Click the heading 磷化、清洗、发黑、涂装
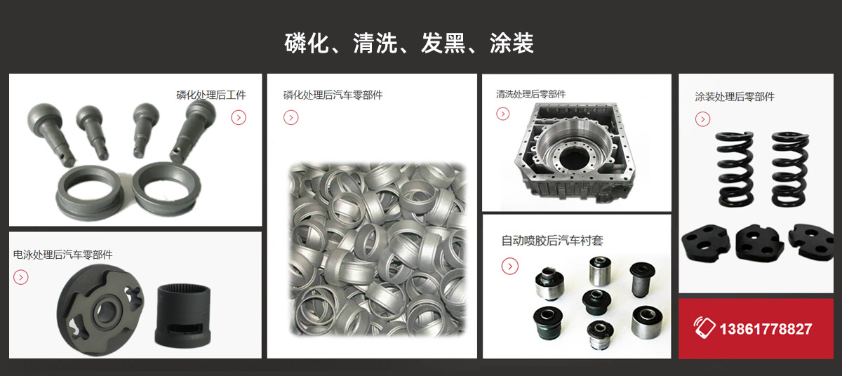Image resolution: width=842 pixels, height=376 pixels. (409, 43)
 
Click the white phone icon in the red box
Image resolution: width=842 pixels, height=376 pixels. (704, 328)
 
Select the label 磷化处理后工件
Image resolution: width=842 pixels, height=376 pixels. (211, 95)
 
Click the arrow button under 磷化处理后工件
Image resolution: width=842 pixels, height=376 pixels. (239, 117)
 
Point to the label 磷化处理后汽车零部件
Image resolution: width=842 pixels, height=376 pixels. (333, 95)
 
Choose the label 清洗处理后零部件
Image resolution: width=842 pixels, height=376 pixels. (530, 94)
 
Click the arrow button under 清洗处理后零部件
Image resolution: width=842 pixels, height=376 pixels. (503, 114)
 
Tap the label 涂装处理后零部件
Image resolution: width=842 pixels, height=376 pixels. (735, 97)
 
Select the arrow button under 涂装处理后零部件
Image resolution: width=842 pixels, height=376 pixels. (702, 119)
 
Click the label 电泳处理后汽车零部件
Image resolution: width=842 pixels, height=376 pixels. (62, 255)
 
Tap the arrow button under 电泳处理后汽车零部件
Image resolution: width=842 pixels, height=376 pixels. (21, 277)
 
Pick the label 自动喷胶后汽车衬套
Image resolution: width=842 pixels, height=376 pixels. (552, 241)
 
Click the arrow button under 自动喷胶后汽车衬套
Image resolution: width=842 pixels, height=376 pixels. (510, 266)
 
